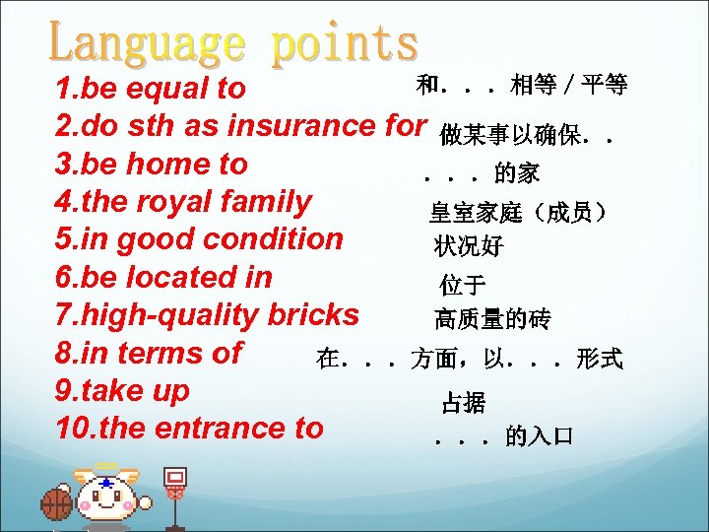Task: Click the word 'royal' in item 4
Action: [x=168, y=202]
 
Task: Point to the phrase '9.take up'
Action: [x=122, y=390]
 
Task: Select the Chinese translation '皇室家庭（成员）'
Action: [x=517, y=212]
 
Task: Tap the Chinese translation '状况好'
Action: [x=468, y=246]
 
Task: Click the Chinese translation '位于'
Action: [x=462, y=286]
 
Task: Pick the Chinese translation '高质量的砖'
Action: [x=492, y=319]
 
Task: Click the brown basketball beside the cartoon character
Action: [x=57, y=503]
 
